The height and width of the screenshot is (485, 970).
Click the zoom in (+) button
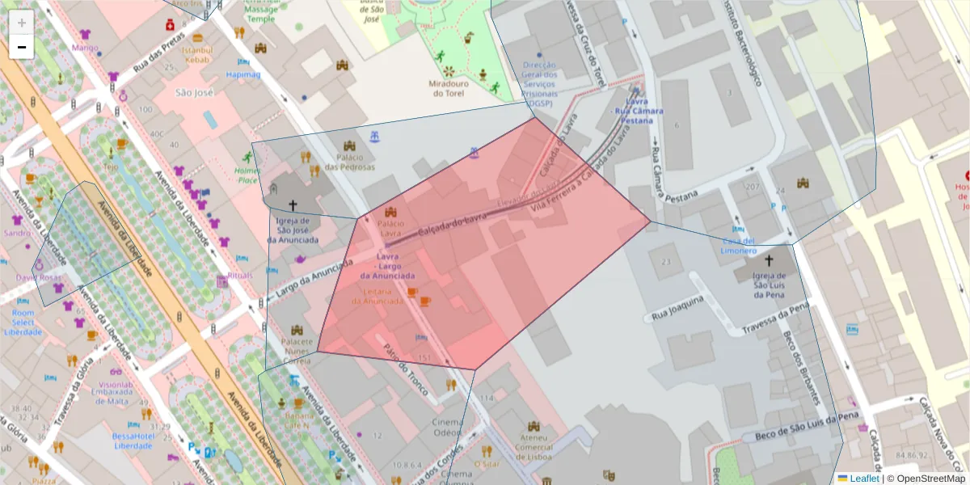(x=22, y=22)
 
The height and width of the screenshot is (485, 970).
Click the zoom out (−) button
(x=22, y=47)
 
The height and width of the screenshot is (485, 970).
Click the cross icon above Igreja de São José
(x=293, y=206)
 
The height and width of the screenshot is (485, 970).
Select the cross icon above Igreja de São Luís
(x=769, y=261)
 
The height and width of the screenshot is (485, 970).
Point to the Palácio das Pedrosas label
(x=350, y=162)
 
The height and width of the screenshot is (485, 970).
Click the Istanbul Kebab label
(x=197, y=55)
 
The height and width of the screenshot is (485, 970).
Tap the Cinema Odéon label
(x=449, y=427)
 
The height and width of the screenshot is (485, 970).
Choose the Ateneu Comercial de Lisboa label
(x=533, y=447)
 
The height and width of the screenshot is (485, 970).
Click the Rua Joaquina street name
(x=677, y=306)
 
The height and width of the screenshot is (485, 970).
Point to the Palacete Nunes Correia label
(x=296, y=352)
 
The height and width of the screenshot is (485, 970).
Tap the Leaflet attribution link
(x=863, y=479)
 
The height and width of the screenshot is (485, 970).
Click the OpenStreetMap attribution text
(x=926, y=479)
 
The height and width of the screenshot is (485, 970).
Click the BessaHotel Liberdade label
(x=134, y=441)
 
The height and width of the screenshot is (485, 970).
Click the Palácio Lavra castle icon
(x=391, y=212)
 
